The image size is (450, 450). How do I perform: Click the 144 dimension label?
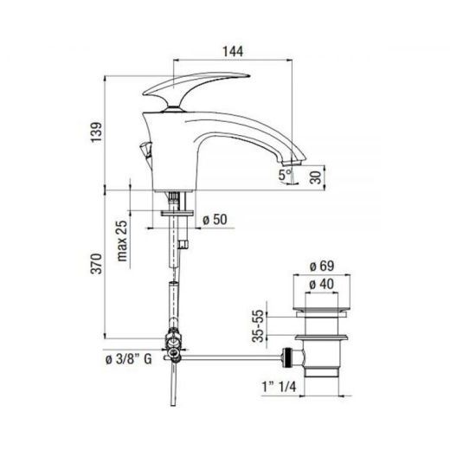point(233,51)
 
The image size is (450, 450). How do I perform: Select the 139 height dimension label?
point(97,132)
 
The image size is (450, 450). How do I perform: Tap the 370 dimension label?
point(96,264)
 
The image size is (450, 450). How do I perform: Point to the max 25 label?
point(122,241)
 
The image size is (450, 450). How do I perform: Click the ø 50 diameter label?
point(215,220)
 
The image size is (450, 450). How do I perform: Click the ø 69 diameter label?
point(322,266)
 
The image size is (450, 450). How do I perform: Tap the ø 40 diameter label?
point(321,284)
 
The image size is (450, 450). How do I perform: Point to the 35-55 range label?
point(258,325)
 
